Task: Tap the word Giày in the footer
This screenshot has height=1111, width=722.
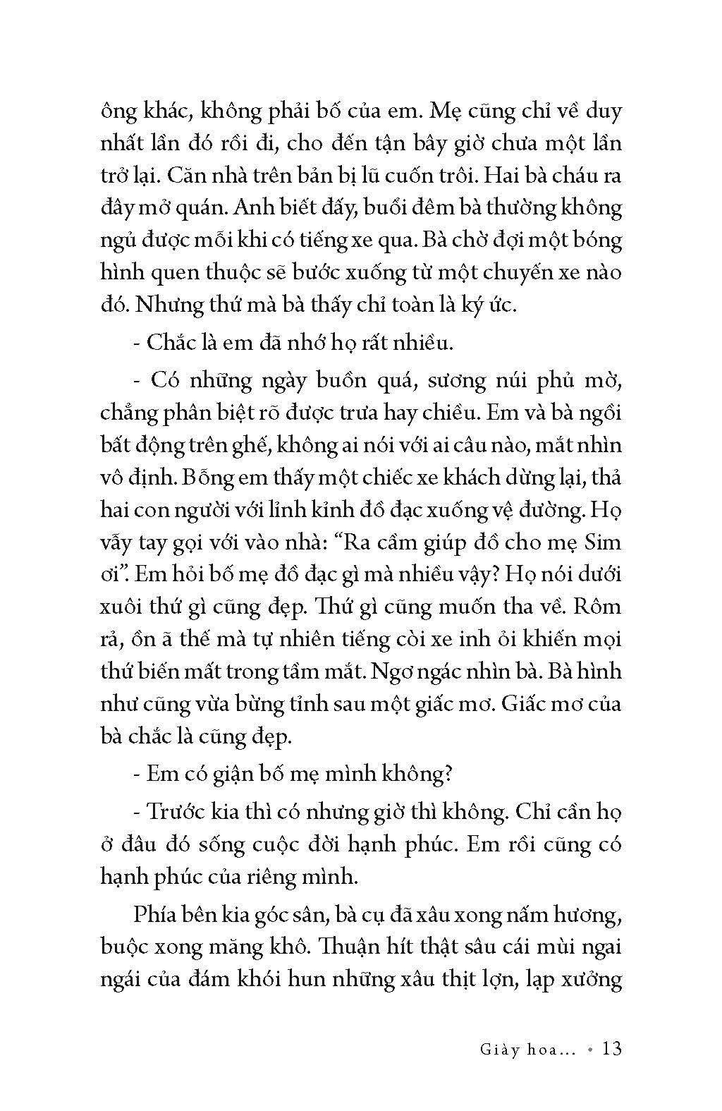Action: pyautogui.click(x=481, y=1050)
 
